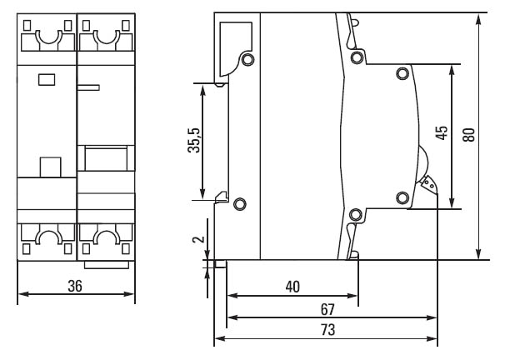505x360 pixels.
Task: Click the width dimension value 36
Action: point(76,286)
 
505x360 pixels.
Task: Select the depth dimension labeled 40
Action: point(292,287)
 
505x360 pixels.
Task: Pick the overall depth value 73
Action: point(327,330)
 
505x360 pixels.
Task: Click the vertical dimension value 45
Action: point(442,135)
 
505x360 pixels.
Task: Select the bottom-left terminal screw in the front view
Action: point(47,239)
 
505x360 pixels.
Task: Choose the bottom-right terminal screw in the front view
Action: point(105,239)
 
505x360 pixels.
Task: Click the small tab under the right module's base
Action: point(107,264)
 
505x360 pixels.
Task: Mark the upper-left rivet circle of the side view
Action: point(246,60)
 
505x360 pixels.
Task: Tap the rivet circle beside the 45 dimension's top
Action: point(403,72)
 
